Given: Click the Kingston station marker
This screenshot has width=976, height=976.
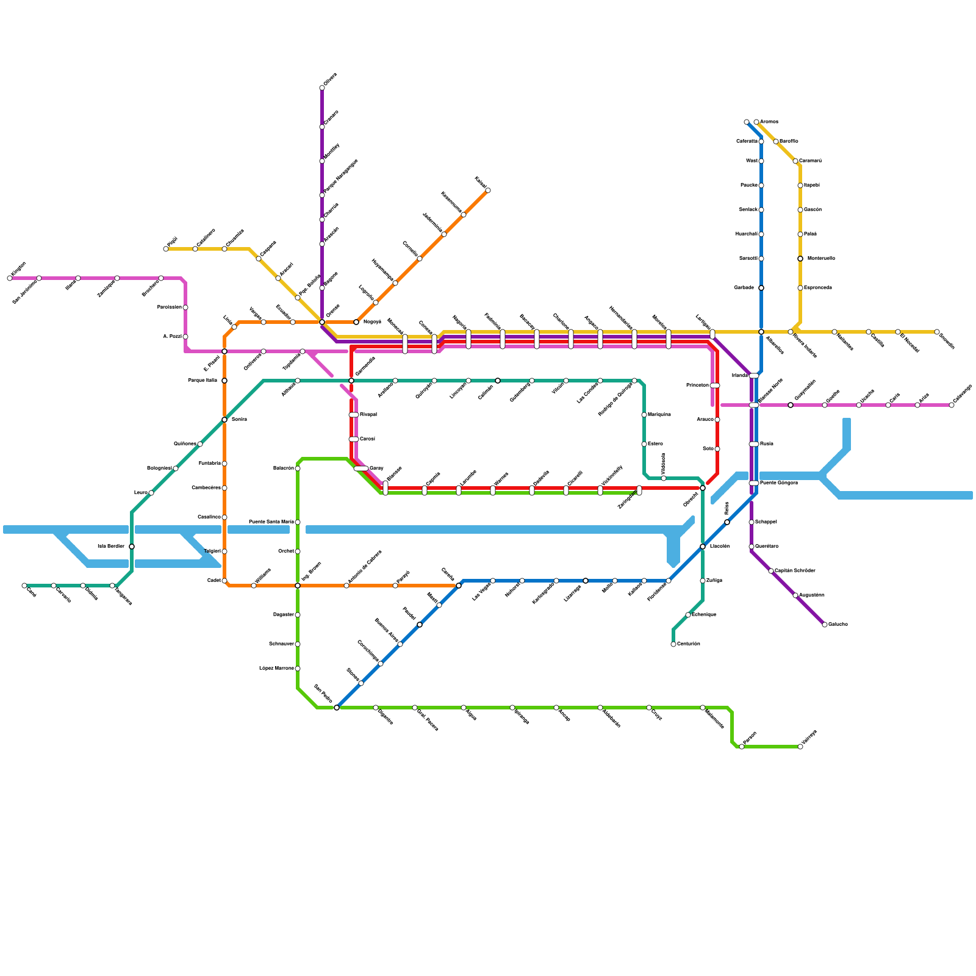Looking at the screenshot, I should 10,278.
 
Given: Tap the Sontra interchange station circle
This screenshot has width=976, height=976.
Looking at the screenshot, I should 224,420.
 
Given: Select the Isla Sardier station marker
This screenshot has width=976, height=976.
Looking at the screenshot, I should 132,547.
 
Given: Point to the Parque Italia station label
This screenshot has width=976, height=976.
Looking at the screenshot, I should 203,381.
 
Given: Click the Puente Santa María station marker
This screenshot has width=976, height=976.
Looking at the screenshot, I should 298,522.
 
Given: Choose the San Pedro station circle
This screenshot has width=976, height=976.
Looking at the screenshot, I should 337,708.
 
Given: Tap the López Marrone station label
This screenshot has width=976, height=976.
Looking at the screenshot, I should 276,669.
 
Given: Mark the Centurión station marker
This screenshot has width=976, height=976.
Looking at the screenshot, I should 673,644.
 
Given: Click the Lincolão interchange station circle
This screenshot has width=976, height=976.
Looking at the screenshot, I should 703,547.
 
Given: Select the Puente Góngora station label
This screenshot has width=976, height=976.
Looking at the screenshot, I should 779,483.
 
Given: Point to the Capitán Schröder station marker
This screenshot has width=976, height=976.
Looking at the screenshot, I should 771,571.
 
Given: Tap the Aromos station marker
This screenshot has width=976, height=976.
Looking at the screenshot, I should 756,122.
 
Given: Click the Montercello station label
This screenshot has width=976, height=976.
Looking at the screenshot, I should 821,259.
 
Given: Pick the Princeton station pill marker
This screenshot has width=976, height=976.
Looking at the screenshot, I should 715,386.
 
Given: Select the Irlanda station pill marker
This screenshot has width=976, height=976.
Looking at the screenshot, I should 754,376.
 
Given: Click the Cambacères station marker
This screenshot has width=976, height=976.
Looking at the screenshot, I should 224,488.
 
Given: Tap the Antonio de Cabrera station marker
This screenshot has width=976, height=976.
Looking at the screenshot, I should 346,586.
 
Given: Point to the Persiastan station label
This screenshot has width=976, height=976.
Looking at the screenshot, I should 170,307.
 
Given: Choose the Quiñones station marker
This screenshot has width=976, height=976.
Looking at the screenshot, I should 200,444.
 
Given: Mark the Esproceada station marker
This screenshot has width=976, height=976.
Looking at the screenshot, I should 800,288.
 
